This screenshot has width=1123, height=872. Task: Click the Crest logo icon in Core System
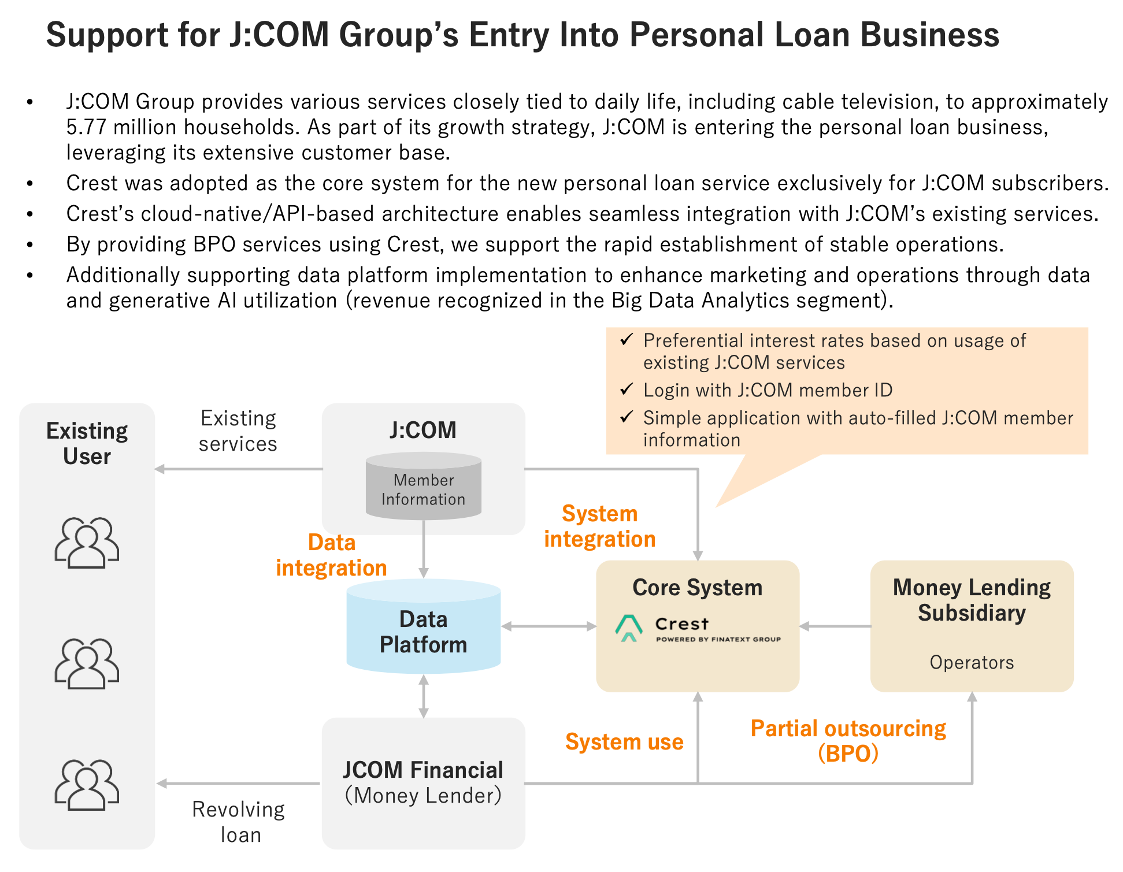[x=629, y=628]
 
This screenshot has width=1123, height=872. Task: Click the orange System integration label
[x=600, y=526]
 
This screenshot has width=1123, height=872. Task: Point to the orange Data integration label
[x=331, y=555]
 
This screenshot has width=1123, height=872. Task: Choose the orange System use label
[x=624, y=742]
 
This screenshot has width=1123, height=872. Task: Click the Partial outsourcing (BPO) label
[x=848, y=741]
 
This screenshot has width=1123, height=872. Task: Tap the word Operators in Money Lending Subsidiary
[x=972, y=662]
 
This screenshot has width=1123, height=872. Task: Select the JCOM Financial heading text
[x=423, y=770]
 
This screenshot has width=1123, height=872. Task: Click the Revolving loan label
[x=239, y=822]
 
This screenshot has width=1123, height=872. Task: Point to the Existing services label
[x=238, y=431]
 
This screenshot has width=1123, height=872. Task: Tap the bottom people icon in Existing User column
[x=87, y=784]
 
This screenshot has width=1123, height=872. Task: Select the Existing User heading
[x=87, y=444]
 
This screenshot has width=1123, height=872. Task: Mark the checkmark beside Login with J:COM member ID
[x=627, y=389]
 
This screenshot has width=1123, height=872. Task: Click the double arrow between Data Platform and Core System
[x=548, y=626]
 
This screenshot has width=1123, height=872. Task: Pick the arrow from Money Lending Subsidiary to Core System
[x=835, y=626]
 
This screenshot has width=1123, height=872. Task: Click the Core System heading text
[x=698, y=588]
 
